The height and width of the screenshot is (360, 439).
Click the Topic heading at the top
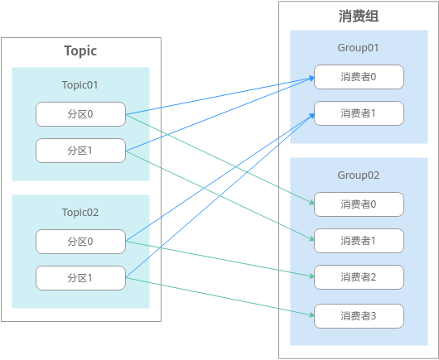click(x=80, y=51)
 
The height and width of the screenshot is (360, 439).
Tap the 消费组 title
click(x=359, y=16)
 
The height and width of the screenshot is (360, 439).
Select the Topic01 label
click(x=80, y=85)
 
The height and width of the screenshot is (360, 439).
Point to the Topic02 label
click(x=80, y=213)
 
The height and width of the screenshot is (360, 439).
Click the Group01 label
click(x=359, y=48)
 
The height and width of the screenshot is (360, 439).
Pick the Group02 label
click(x=359, y=175)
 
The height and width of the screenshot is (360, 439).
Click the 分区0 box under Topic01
click(x=80, y=114)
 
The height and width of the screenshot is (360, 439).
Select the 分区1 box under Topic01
click(x=80, y=151)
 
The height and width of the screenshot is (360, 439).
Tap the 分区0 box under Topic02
click(x=80, y=242)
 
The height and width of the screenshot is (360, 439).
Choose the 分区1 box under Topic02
click(x=80, y=278)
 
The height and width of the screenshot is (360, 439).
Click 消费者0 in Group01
click(x=359, y=77)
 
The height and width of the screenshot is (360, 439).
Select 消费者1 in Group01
click(x=359, y=113)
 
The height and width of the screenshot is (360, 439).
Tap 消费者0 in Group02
click(x=359, y=204)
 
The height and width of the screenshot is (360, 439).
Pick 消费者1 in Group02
click(x=359, y=241)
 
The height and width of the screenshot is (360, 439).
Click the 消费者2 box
click(x=359, y=277)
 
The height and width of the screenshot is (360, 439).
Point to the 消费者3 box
click(x=359, y=316)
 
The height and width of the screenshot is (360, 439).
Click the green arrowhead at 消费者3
click(x=312, y=315)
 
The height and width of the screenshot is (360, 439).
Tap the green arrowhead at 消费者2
click(x=312, y=276)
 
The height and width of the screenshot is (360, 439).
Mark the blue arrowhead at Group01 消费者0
click(x=312, y=78)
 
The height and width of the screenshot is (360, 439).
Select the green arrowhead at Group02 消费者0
click(x=312, y=203)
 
